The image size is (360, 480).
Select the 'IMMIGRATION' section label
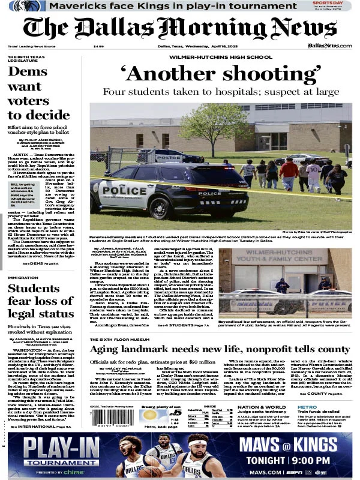23,278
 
